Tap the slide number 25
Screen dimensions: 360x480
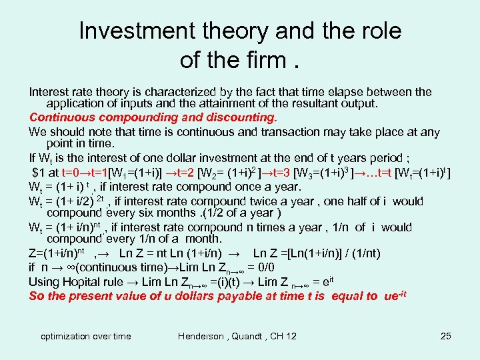446,336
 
